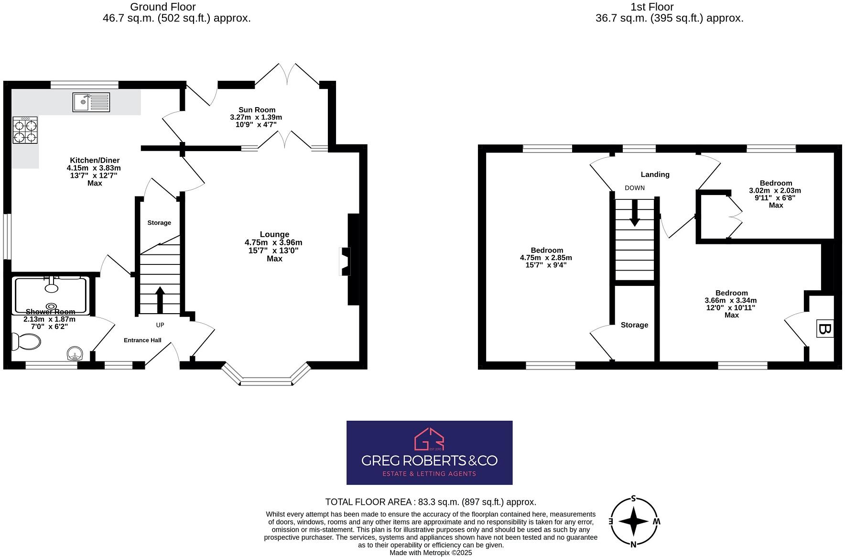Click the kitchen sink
[x=91, y=102]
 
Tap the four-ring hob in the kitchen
[x=25, y=131]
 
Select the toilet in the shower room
[x=27, y=342]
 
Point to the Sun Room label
[x=257, y=110]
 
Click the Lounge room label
[x=274, y=234]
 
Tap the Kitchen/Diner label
[x=95, y=160]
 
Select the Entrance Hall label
[x=142, y=340]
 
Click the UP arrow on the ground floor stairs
[x=160, y=299]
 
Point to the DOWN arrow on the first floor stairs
[x=634, y=213]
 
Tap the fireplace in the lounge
[x=345, y=261]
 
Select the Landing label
[x=655, y=175]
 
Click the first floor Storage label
[x=634, y=325]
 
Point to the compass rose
[x=634, y=521]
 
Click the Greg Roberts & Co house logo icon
[x=429, y=439]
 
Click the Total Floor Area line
[x=431, y=502]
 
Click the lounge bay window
[x=266, y=381]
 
